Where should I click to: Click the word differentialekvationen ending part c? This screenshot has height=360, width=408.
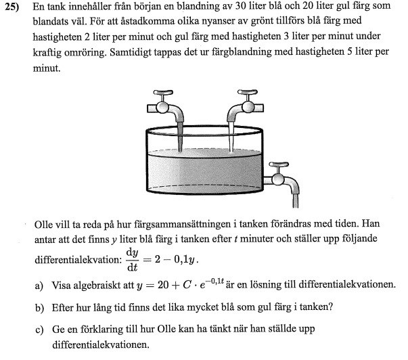[x=99, y=344]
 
